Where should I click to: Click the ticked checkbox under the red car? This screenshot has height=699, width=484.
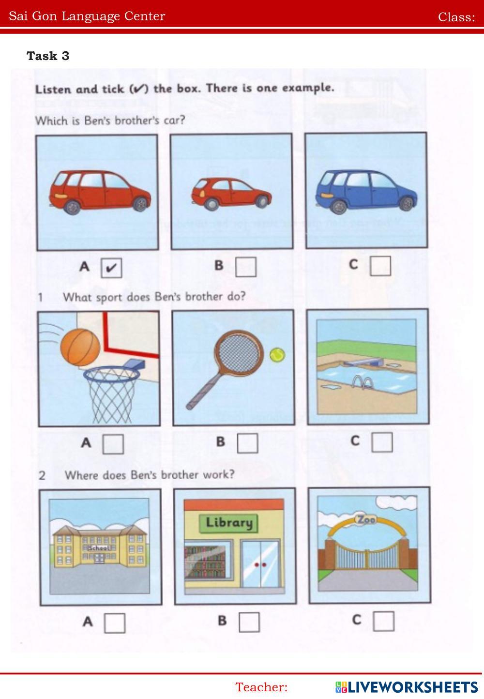(111, 268)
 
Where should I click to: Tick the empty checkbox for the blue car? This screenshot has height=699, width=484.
(380, 266)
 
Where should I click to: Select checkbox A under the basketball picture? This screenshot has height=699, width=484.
(113, 444)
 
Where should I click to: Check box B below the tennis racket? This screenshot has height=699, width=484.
(247, 443)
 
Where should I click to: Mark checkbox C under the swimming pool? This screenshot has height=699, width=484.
(382, 442)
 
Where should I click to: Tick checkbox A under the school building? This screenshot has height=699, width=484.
(115, 623)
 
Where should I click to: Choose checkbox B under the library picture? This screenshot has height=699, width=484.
(249, 622)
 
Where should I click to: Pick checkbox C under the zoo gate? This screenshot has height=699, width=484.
(383, 621)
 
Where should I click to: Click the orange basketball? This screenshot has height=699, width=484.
(80, 347)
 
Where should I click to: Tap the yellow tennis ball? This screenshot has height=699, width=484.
(277, 355)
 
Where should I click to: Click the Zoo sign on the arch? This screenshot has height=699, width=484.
(366, 519)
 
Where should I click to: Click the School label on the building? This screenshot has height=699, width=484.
(99, 548)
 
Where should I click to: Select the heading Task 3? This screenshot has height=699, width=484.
(48, 56)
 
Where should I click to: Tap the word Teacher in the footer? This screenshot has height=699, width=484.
(261, 687)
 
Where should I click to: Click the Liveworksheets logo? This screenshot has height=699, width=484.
(407, 687)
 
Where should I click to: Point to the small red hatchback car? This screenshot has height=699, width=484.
(231, 193)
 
